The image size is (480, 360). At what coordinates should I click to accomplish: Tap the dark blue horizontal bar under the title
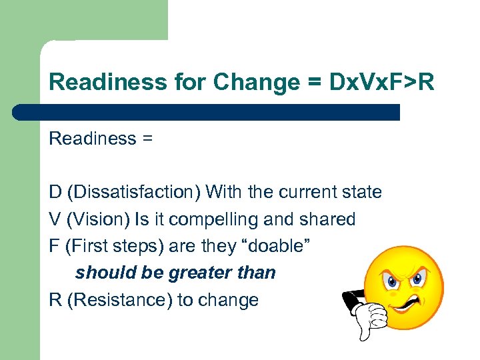tap(207, 112)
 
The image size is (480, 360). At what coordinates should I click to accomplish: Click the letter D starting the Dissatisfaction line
tap(55, 193)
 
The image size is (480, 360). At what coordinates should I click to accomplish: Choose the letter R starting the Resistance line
tap(55, 300)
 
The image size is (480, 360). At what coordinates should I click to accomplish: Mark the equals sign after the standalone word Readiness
tap(147, 139)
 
